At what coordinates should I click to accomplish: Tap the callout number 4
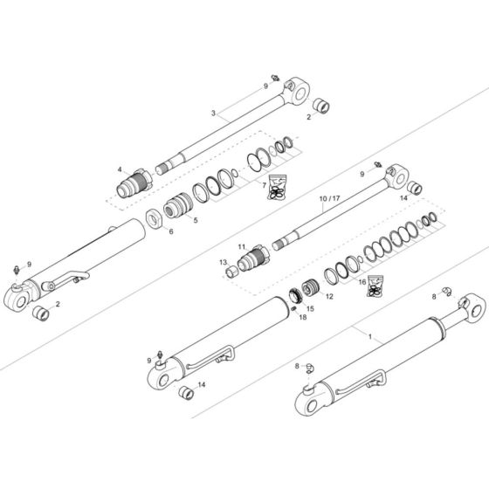click(120, 169)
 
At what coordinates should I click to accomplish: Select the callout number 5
click(195, 220)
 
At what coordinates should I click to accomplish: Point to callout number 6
click(171, 231)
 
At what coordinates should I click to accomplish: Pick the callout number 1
click(369, 335)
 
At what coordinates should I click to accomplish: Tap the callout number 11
click(242, 248)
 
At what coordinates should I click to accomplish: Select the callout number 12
click(329, 296)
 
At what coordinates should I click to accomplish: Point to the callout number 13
click(223, 262)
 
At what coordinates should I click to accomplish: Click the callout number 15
click(310, 309)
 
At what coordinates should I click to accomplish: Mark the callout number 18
click(302, 318)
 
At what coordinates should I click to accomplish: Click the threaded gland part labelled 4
click(135, 185)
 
